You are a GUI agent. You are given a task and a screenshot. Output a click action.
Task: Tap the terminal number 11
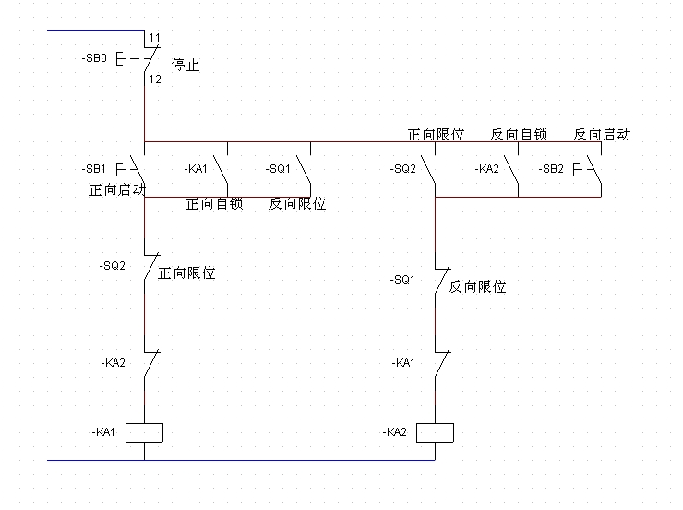point(154,38)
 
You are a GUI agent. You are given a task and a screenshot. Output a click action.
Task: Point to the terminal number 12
point(154,80)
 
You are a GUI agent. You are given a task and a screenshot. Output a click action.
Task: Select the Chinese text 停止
point(186,66)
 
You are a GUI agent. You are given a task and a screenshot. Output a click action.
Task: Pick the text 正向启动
point(117,190)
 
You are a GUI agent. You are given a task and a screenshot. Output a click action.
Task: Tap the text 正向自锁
point(214,203)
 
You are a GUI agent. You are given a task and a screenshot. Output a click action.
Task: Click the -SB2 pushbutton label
point(552,169)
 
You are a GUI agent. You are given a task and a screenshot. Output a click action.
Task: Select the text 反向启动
point(602,134)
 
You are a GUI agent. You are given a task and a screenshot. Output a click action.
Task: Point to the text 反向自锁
point(519,134)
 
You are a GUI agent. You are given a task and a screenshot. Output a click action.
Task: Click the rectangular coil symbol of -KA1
point(145,432)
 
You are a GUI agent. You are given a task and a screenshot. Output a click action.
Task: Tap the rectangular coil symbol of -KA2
point(435,432)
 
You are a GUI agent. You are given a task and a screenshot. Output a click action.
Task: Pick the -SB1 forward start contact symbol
point(138,170)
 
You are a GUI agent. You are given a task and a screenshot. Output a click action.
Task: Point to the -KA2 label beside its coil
point(395,432)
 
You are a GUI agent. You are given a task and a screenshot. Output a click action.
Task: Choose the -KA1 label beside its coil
point(103,432)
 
